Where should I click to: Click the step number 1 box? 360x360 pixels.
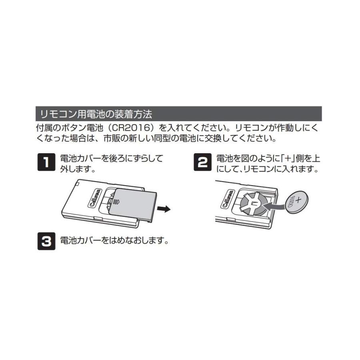[47, 162]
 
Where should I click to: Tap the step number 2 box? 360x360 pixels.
[203, 162]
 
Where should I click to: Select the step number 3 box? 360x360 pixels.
[47, 241]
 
